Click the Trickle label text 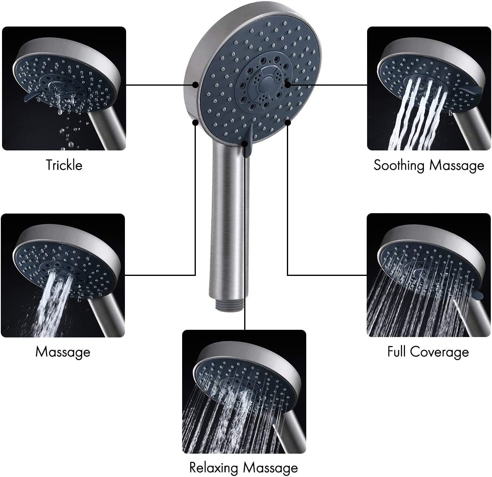[64, 165]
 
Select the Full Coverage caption [428, 352]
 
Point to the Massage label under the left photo [63, 352]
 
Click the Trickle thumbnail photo [64, 88]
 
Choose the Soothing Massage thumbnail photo [429, 88]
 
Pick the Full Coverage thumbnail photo [429, 275]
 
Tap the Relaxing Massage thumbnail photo [244, 391]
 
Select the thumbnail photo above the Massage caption [63, 276]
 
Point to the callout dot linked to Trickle [195, 85]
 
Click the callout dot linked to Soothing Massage [288, 85]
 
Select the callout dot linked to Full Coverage [288, 123]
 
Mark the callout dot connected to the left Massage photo [195, 123]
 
